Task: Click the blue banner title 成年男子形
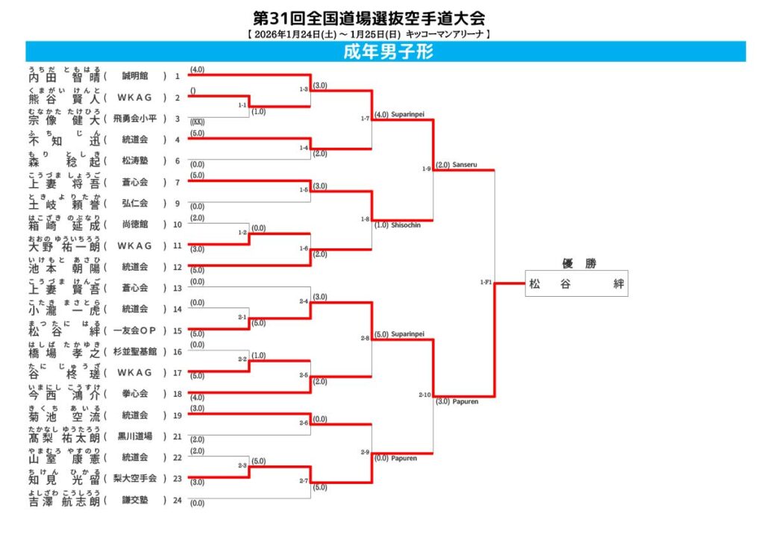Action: (388, 51)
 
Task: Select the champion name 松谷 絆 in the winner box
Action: (576, 283)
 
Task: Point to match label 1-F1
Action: (486, 283)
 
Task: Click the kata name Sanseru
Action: (464, 165)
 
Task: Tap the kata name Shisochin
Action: (406, 225)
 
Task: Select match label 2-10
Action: (425, 394)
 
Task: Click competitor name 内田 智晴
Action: (63, 76)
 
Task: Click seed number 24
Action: (178, 500)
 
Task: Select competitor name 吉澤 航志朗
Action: (63, 501)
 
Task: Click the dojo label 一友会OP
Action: (134, 330)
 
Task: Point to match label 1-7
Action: (365, 118)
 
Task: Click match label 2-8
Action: (365, 338)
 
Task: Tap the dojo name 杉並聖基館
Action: (134, 351)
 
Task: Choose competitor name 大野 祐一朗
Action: (63, 245)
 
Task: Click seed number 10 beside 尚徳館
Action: (178, 225)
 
